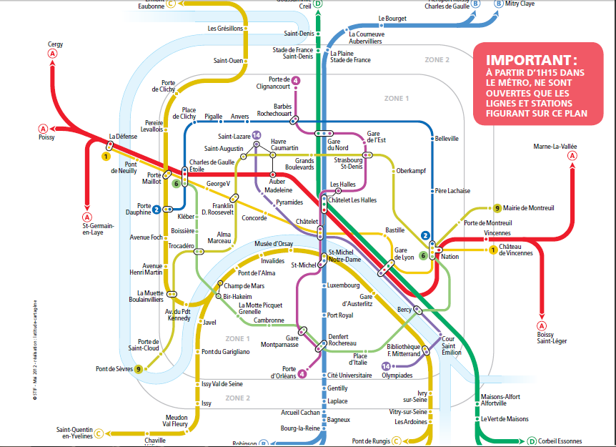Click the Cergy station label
[55, 44]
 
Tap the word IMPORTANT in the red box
[531, 60]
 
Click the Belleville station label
[446, 139]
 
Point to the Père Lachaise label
[452, 191]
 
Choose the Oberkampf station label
[411, 170]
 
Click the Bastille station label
[395, 230]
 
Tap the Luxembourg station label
[344, 285]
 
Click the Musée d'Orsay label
[274, 244]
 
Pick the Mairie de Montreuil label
[529, 208]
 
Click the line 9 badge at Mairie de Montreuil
[497, 208]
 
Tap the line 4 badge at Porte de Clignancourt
[296, 80]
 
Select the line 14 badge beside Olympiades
[386, 366]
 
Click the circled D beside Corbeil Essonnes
[532, 441]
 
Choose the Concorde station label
[254, 218]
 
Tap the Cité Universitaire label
[349, 375]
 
